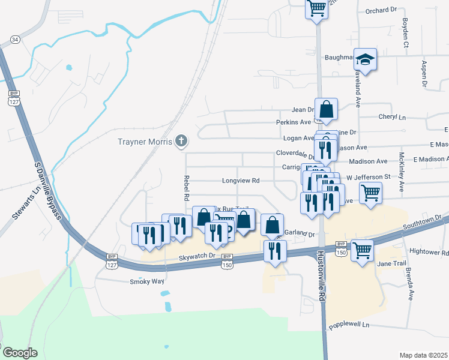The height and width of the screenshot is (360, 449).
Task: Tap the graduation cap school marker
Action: point(365,60)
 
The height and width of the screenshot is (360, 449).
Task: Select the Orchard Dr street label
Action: point(382,10)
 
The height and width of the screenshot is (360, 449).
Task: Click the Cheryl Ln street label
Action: point(392,117)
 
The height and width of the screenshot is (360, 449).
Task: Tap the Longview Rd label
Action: point(240,180)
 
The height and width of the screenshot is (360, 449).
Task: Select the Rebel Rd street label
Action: point(186,188)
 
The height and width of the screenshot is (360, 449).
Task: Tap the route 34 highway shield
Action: point(15,39)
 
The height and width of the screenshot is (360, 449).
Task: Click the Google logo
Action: point(19,352)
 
